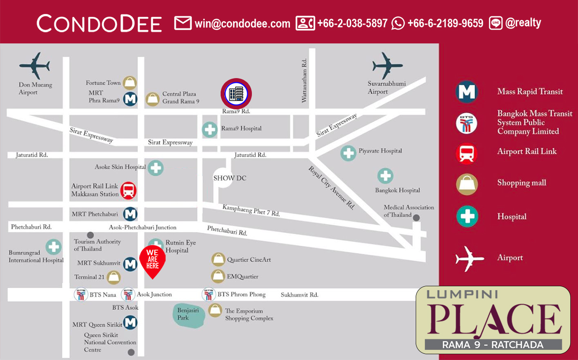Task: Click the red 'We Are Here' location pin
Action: coord(152,261)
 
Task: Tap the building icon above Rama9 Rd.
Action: coord(236,93)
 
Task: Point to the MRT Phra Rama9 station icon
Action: coord(130,99)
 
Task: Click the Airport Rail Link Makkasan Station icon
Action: coord(129,190)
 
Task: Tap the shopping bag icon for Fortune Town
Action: coord(130,83)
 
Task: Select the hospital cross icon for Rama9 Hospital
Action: coord(210,129)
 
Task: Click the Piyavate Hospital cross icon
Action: coord(348,153)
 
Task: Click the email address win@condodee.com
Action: coord(242,23)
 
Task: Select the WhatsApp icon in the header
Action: coord(398,23)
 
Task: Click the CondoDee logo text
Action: coord(99,23)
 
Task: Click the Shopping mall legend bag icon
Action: coord(466,184)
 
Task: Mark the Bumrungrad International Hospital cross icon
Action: coord(53,247)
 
